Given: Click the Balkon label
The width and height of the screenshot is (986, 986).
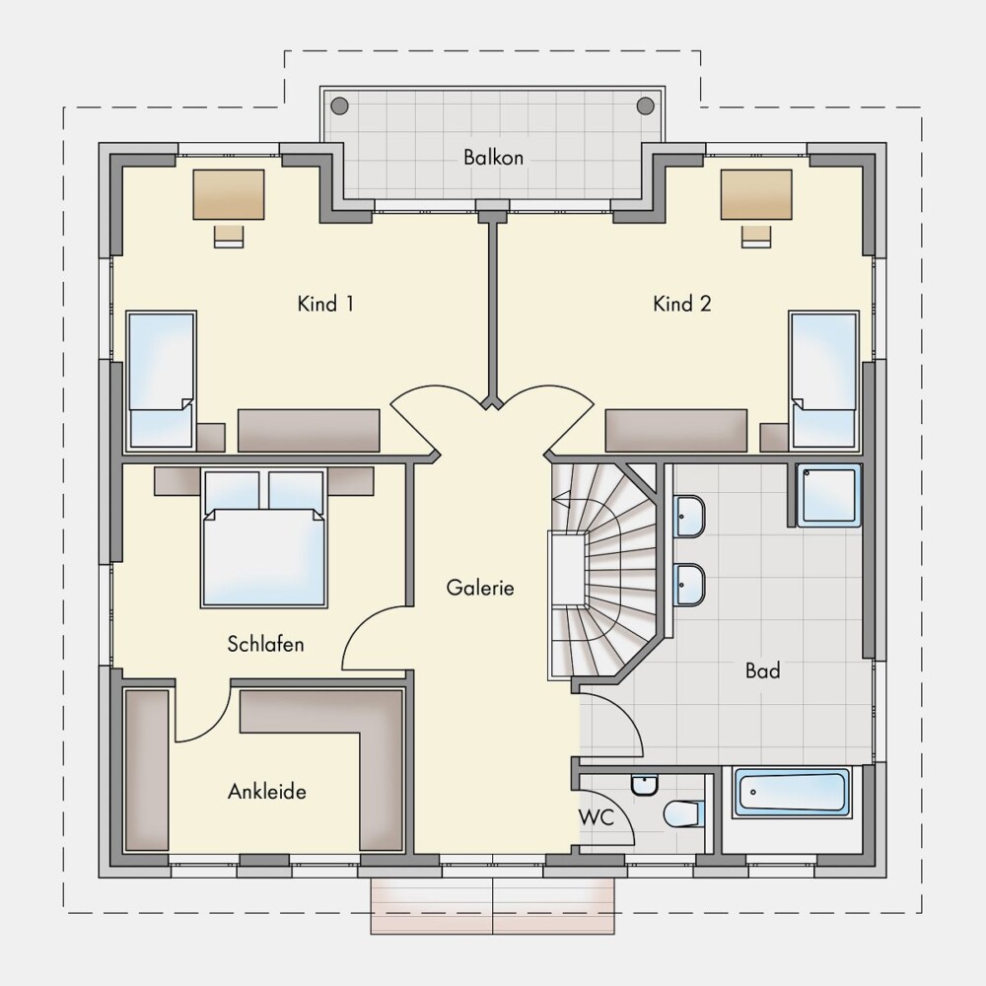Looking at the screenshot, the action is [493, 157].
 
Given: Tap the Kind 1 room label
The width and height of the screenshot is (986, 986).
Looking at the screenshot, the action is [325, 305].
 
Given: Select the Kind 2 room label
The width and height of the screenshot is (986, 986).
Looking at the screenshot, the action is [681, 305].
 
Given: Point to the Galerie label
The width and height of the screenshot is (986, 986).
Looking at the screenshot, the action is [480, 588].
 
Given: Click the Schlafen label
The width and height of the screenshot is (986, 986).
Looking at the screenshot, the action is [265, 644].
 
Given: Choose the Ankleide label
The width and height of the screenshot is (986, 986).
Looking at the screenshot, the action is [266, 791].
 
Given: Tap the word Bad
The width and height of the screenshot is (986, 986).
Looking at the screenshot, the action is [762, 670].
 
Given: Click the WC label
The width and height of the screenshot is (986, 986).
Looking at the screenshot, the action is [597, 817].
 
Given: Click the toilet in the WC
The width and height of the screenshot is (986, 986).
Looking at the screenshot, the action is [683, 814].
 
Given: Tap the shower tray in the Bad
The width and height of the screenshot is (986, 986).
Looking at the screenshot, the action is [828, 495].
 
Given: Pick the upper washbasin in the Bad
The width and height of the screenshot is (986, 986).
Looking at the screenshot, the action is [689, 517].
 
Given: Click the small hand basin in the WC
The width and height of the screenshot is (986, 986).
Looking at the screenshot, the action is [644, 786].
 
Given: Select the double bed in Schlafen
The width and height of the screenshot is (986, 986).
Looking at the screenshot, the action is [264, 538].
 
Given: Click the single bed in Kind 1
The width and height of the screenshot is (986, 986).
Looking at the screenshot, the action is [162, 380].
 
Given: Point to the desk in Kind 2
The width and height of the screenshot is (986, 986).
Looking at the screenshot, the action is [756, 194].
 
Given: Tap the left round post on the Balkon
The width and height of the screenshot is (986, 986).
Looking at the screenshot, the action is [339, 106].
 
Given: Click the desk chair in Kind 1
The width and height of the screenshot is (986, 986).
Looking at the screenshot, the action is [229, 236].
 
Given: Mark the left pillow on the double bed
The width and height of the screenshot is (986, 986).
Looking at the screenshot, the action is [232, 490].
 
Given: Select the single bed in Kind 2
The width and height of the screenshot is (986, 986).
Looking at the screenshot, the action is [824, 380].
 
